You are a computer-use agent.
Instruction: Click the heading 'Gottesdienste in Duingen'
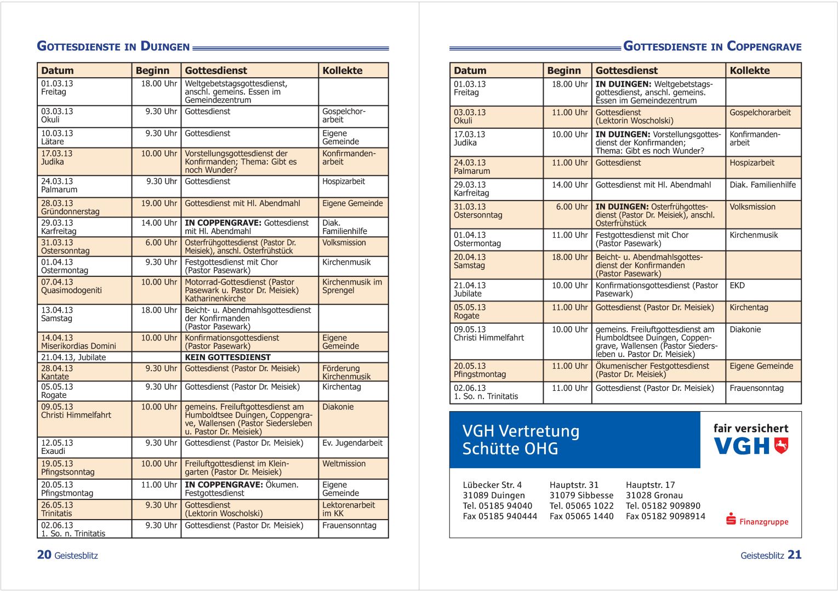pos(113,47)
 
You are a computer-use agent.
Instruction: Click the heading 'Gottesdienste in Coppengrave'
pos(712,47)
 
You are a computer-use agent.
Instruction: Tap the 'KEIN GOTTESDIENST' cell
pos(227,357)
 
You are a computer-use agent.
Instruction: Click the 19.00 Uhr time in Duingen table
pos(159,203)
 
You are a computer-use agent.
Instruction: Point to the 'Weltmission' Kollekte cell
pos(344,464)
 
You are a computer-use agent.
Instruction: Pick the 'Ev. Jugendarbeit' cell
pos(352,443)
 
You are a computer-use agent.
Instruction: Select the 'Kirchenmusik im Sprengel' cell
pos(352,286)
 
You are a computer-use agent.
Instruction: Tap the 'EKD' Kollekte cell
pos(737,286)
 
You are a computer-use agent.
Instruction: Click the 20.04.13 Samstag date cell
pos(470,261)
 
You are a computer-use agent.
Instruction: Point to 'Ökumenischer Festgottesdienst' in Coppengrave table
pos(652,366)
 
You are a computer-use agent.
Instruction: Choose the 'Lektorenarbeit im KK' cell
pos(349,509)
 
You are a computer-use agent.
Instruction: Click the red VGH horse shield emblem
pos(781,446)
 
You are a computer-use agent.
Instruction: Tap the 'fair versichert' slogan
pos(750,429)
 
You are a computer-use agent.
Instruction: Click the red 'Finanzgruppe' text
pos(763,522)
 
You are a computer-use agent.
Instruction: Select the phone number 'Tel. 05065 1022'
pos(581,506)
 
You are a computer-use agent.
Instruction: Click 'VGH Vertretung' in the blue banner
pos(520,431)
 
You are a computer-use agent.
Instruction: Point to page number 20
pos(44,555)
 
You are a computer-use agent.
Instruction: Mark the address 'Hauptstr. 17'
pos(650,485)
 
